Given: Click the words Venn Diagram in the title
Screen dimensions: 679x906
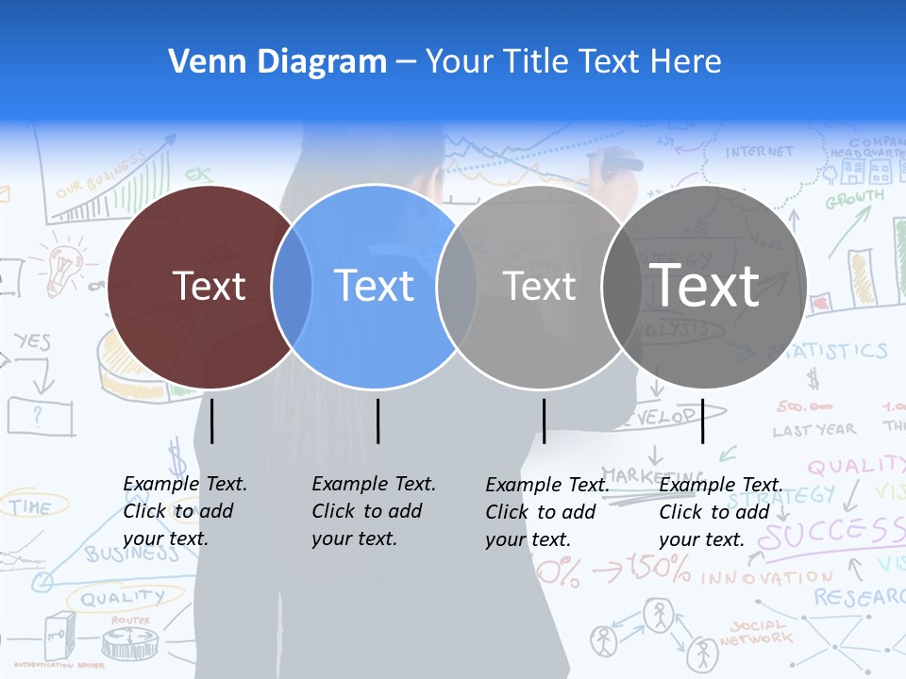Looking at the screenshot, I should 277,62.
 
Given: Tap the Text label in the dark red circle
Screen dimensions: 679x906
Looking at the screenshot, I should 209,286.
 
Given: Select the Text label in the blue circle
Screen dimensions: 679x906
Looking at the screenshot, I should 374,286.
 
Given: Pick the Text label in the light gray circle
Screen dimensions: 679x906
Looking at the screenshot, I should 540,286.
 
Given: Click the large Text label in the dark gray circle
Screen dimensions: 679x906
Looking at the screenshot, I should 705,285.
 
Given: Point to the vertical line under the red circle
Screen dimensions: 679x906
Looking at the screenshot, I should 211,421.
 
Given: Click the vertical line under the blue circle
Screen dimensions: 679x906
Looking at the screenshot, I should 377,421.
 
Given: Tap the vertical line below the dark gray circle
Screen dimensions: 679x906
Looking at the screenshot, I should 703,421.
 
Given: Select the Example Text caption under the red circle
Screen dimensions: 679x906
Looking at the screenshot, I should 185,511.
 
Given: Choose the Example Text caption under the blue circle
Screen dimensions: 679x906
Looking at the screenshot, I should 374,511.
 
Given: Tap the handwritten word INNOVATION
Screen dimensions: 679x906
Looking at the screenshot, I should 766,577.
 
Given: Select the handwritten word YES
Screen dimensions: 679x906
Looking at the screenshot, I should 33,341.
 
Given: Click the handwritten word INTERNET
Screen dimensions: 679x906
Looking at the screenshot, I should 760,151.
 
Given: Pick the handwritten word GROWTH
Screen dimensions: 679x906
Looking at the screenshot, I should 855,200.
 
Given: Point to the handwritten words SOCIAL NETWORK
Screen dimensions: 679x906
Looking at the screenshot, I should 756,632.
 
